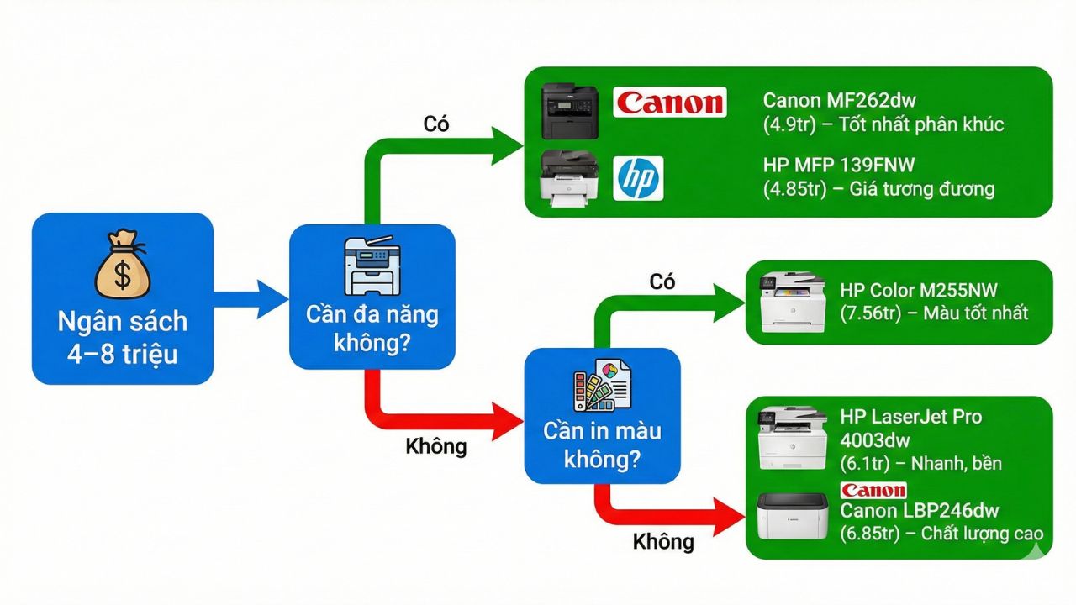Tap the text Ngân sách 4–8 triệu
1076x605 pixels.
pyautogui.click(x=122, y=336)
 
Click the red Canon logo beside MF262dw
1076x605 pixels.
pyautogui.click(x=669, y=103)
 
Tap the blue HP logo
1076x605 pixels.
pyautogui.click(x=639, y=178)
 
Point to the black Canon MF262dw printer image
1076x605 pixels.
pyautogui.click(x=569, y=112)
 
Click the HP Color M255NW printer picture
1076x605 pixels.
pyautogui.click(x=787, y=302)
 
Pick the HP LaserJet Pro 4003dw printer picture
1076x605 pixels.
pyautogui.click(x=787, y=438)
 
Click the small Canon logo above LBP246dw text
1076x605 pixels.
pyautogui.click(x=873, y=490)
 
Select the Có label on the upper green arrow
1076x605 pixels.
pyautogui.click(x=436, y=124)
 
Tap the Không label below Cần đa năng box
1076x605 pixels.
pyautogui.click(x=435, y=445)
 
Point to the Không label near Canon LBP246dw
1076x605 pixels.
pyautogui.click(x=663, y=541)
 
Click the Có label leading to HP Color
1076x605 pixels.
pyautogui.click(x=662, y=282)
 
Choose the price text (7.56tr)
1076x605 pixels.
pyautogui.click(x=874, y=313)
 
